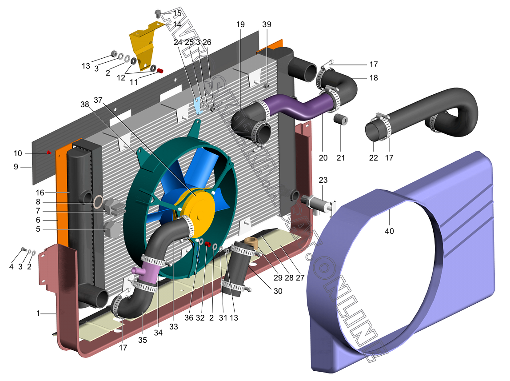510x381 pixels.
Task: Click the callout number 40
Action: (389, 231)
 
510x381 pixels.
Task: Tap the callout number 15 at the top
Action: (177, 13)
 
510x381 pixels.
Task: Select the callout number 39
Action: (267, 24)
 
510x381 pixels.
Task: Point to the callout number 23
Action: (323, 180)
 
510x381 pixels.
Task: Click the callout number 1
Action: (38, 313)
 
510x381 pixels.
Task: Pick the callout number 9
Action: (16, 167)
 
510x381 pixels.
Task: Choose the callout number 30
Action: (278, 291)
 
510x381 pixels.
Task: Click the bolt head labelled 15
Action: (158, 14)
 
